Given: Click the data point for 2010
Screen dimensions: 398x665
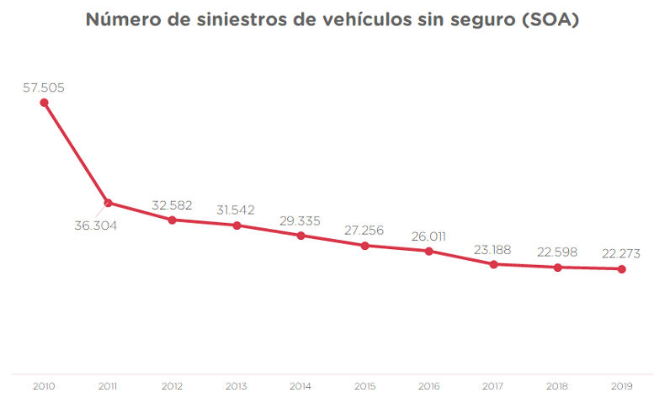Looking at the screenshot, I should pyautogui.click(x=44, y=103).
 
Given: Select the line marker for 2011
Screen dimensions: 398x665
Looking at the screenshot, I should pyautogui.click(x=108, y=203).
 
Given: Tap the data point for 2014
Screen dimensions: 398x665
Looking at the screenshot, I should pyautogui.click(x=301, y=235).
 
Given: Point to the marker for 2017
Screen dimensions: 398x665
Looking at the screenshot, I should pyautogui.click(x=493, y=264).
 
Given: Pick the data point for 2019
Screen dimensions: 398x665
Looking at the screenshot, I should pyautogui.click(x=622, y=269).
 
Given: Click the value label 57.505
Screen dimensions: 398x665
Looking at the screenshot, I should pyautogui.click(x=44, y=87).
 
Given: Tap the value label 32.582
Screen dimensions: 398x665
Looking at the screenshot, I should pyautogui.click(x=173, y=204).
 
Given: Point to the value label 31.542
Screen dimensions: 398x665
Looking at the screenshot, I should pyautogui.click(x=237, y=210).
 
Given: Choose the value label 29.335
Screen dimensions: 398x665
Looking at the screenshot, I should pyautogui.click(x=301, y=220).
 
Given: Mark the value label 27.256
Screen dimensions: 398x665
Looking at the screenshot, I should pyautogui.click(x=364, y=230).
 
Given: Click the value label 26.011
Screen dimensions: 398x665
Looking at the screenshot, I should pyautogui.click(x=429, y=236).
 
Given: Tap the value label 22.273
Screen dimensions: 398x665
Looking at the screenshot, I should pyautogui.click(x=622, y=253).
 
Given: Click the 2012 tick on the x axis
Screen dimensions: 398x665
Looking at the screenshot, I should pyautogui.click(x=173, y=386).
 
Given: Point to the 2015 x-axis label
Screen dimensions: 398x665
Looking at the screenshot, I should pyautogui.click(x=364, y=386).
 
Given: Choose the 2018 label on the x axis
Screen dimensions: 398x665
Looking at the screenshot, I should pyautogui.click(x=557, y=386).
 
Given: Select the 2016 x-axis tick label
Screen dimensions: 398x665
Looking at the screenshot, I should pyautogui.click(x=429, y=386).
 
